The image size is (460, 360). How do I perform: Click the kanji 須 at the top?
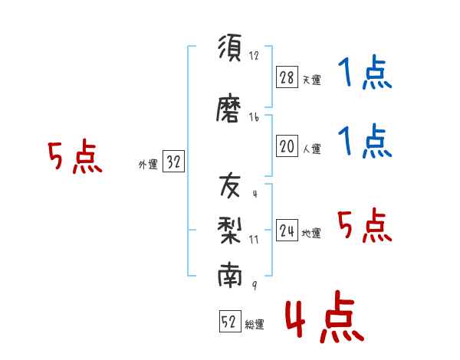pos(230,47)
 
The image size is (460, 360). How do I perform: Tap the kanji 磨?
pos(228,107)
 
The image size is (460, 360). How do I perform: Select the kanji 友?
pos(230,185)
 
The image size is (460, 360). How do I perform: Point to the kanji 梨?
pos(230,230)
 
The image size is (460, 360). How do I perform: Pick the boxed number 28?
pos(287,77)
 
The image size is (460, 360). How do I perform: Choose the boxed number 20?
pos(287,146)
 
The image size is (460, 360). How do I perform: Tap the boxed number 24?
pos(287,230)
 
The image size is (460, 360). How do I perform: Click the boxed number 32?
pos(173,161)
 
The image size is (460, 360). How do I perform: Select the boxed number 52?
pos(230,321)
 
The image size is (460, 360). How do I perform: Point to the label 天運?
pos(311,80)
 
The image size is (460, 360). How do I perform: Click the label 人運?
pos(311,149)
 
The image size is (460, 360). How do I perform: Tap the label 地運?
pos(311,233)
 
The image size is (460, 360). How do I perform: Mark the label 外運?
pos(148,164)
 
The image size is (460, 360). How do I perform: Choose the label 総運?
pos(255,324)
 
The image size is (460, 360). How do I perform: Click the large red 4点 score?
pos(325,317)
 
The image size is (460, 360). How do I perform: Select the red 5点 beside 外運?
pos(75,156)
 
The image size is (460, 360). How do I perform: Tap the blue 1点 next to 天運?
pos(365,72)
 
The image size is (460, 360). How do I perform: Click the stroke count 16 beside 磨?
pos(254,117)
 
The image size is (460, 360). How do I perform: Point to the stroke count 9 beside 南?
pos(255,285)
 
